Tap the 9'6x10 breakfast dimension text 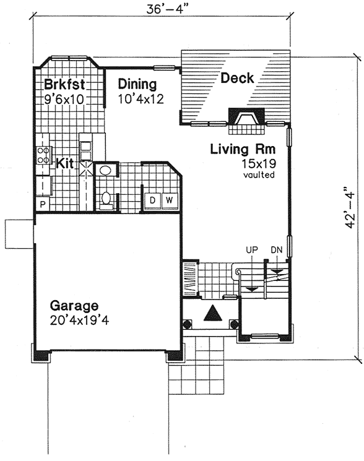pyautogui.click(x=64, y=98)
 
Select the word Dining pyautogui.click(x=137, y=84)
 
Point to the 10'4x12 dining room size pyautogui.click(x=141, y=98)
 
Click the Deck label pyautogui.click(x=237, y=78)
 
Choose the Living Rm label pyautogui.click(x=242, y=149)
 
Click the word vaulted pyautogui.click(x=259, y=175)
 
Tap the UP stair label pyautogui.click(x=251, y=250)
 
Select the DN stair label pyautogui.click(x=277, y=250)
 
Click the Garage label pyautogui.click(x=74, y=306)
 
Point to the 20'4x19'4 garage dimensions pyautogui.click(x=83, y=321)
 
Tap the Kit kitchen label pyautogui.click(x=66, y=163)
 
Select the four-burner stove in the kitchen pyautogui.click(x=44, y=155)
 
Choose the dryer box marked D pyautogui.click(x=151, y=200)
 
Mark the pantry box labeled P pyautogui.click(x=43, y=204)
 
